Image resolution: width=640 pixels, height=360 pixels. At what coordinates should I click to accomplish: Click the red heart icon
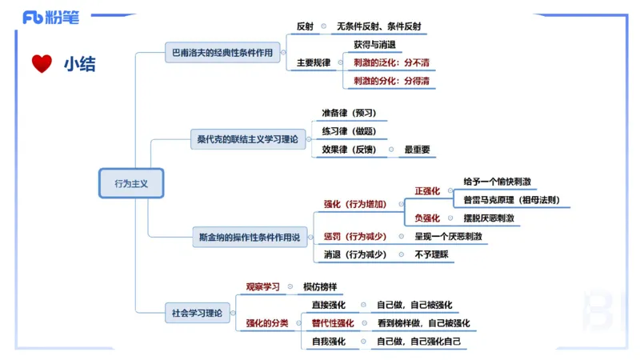[42, 63]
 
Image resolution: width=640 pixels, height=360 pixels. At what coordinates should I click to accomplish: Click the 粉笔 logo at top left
[50, 17]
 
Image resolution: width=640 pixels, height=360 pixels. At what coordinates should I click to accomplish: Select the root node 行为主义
[131, 183]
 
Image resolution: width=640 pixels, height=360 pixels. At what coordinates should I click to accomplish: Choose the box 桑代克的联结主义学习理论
[247, 139]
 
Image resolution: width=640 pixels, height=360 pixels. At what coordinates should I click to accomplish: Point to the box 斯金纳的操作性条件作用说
[250, 237]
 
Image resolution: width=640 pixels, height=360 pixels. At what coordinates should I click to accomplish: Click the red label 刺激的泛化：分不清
[389, 62]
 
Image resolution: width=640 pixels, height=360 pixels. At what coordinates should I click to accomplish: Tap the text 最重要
[417, 149]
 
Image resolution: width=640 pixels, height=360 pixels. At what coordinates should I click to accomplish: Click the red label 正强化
[427, 192]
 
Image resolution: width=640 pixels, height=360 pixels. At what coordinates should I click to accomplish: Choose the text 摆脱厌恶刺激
[488, 218]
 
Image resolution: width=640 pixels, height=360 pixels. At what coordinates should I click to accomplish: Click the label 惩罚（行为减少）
[355, 237]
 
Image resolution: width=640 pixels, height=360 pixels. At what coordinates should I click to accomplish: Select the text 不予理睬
[432, 255]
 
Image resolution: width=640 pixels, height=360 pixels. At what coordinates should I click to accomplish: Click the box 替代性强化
[333, 323]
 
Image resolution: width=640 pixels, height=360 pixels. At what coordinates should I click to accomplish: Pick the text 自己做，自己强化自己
[419, 342]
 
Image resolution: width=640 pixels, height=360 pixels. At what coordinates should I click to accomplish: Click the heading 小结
[79, 64]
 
